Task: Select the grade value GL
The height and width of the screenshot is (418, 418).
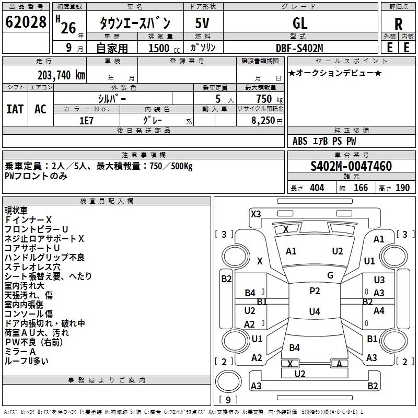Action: (300, 24)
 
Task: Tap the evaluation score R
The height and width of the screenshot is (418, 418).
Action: (398, 24)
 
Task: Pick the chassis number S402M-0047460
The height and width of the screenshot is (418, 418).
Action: (351, 167)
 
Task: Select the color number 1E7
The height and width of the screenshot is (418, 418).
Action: (86, 120)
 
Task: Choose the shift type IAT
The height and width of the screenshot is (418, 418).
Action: (15, 109)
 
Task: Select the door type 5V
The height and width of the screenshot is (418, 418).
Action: (203, 24)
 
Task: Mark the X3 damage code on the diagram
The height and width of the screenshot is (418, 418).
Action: (256, 214)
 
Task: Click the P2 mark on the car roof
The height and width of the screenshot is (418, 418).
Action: (315, 291)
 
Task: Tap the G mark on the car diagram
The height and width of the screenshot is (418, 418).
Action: (330, 275)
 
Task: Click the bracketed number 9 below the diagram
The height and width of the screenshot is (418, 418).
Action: (228, 400)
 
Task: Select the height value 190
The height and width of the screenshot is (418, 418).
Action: (402, 188)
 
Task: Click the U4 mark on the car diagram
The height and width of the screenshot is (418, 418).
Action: (315, 312)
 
